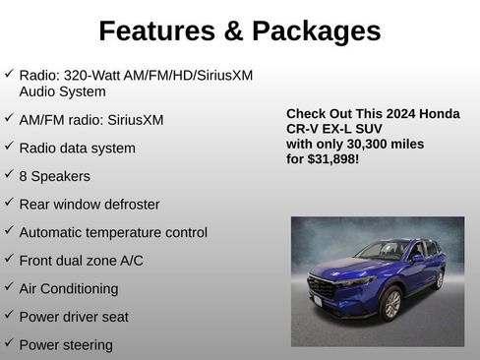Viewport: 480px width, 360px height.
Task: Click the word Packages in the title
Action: click(x=316, y=31)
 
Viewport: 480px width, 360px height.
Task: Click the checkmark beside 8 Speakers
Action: click(x=9, y=175)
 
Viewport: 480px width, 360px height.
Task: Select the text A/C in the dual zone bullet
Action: click(x=129, y=261)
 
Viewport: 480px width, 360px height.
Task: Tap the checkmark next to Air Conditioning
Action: click(x=9, y=287)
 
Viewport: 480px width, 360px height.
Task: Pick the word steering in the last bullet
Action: click(x=88, y=345)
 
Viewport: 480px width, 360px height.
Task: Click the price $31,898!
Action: click(x=333, y=157)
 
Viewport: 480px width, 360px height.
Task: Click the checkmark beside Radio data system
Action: click(x=9, y=148)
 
